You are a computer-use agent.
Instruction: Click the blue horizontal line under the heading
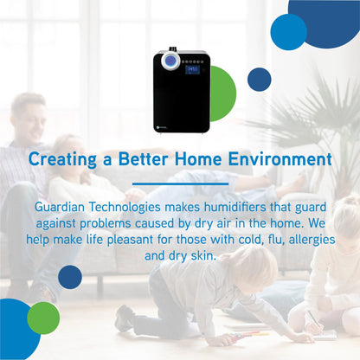(x=180, y=183)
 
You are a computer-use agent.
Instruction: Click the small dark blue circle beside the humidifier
(x=259, y=80)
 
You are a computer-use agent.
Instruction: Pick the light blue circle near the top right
(x=288, y=31)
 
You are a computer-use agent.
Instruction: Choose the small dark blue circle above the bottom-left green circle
(x=69, y=277)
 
